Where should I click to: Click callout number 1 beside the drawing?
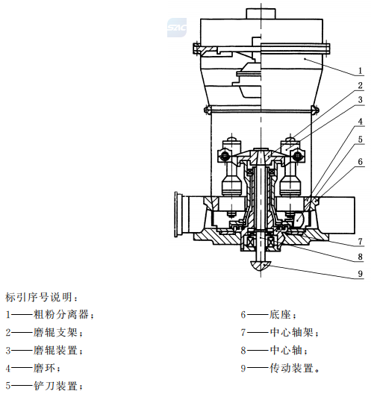click(360, 71)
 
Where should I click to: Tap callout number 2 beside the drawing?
click(360, 85)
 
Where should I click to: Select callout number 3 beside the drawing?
click(360, 100)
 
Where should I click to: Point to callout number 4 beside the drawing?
click(360, 122)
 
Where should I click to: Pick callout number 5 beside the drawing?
click(360, 140)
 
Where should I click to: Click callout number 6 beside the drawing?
click(360, 162)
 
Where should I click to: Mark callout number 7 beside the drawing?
click(360, 242)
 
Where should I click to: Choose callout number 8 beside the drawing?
click(360, 257)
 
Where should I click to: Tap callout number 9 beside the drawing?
click(360, 273)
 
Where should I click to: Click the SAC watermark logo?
click(177, 28)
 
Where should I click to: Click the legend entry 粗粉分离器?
click(61, 315)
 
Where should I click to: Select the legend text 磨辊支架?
click(55, 333)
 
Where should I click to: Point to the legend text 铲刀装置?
click(55, 386)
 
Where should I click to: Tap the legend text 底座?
click(280, 315)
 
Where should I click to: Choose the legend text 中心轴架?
click(291, 333)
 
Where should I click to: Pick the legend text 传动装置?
click(291, 368)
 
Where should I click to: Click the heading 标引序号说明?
click(39, 297)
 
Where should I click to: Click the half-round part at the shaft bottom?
click(261, 265)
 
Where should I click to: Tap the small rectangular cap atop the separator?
click(261, 13)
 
